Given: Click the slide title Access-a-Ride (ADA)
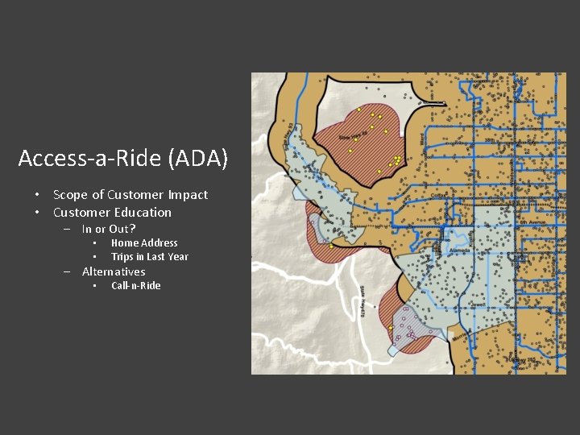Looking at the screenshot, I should [123, 158].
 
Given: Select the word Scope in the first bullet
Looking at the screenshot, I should [71, 195].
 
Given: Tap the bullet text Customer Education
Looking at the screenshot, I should [112, 213].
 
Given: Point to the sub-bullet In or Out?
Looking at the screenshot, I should [109, 229].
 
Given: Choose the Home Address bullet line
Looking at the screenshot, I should [144, 242].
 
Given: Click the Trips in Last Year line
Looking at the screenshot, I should [150, 257].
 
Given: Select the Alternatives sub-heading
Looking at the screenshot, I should [114, 271].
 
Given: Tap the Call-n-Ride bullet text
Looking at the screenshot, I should [136, 286].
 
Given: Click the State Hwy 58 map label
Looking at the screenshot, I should [353, 138].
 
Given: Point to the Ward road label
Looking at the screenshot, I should [421, 139].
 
